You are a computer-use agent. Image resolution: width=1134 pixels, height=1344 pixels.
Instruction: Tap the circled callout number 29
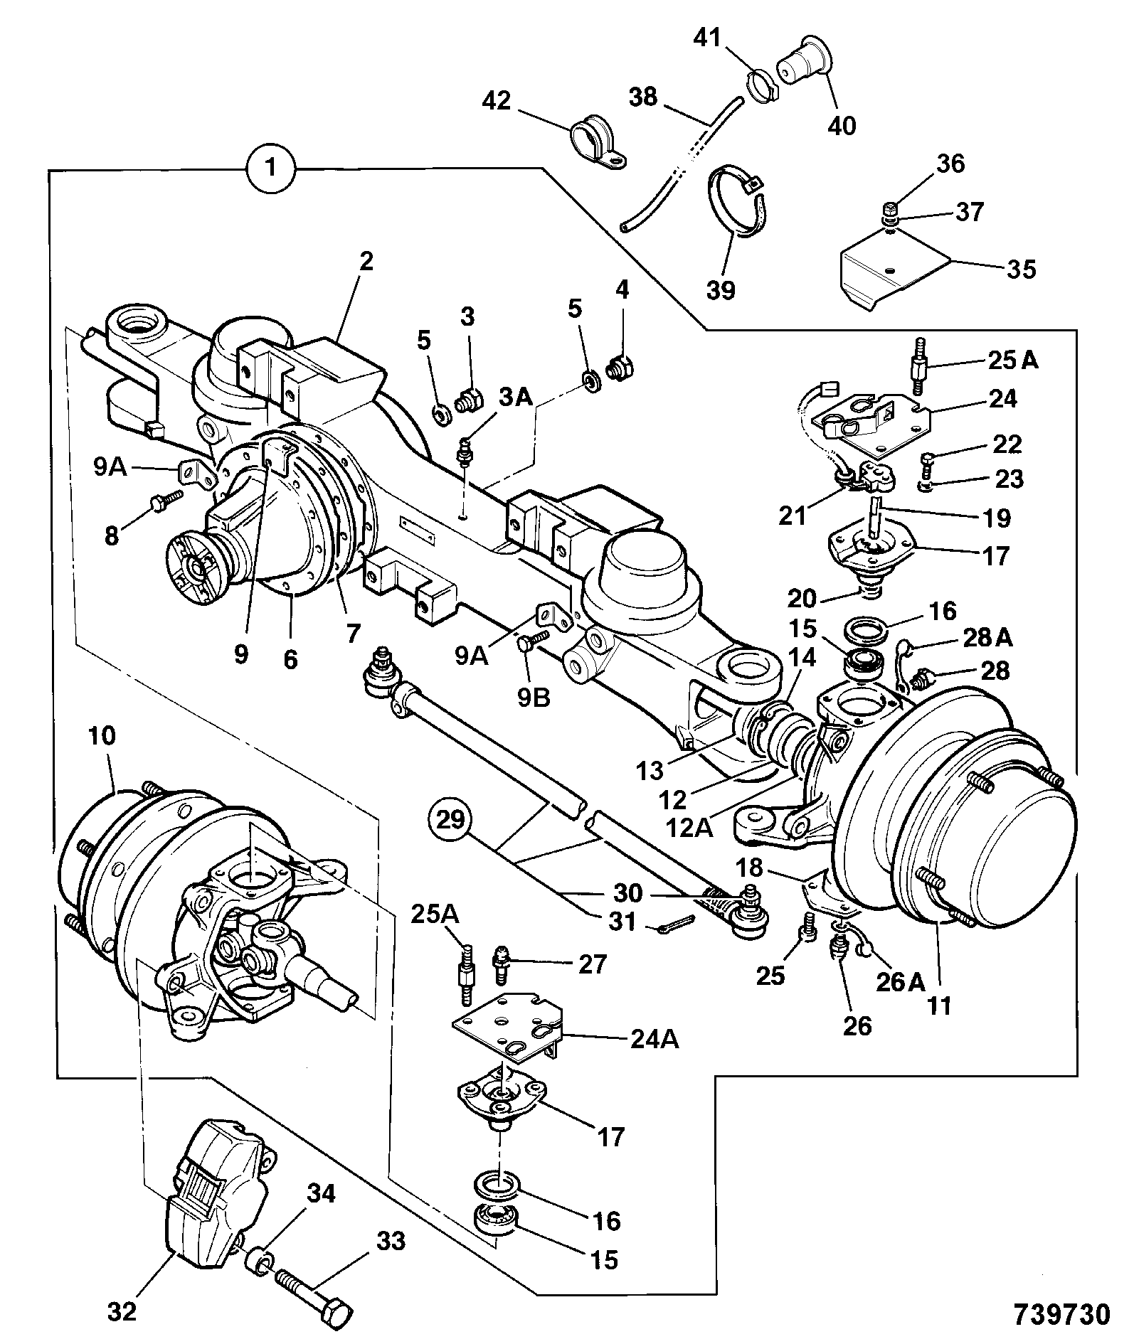coord(450,820)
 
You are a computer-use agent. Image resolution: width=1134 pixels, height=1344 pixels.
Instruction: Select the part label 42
coord(497,100)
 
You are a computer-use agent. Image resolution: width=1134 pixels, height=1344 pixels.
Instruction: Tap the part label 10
coord(102,736)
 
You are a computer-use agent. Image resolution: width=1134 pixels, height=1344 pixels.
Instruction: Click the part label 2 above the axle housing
coord(366,262)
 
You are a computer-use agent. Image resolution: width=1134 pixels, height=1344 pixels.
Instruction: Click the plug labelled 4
coord(619,368)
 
